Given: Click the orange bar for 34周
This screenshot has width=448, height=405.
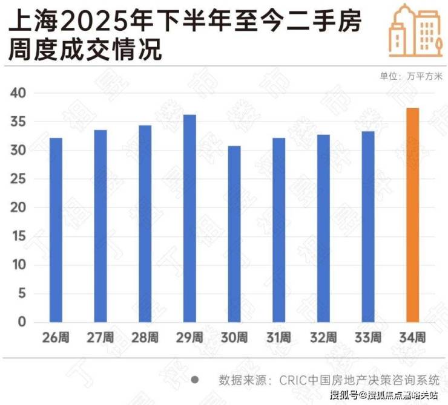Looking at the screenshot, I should tap(412, 215).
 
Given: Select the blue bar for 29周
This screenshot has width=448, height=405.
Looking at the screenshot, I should tap(189, 218).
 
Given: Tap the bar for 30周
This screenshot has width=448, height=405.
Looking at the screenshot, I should tap(234, 234).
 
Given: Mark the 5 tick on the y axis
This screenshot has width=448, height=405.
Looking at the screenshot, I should tap(22, 294).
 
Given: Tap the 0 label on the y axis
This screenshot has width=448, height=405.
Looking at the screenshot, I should tap(22, 322).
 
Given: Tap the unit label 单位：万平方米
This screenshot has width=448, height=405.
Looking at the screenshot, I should tap(411, 76).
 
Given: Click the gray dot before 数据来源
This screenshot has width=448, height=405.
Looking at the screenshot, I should tap(196, 380).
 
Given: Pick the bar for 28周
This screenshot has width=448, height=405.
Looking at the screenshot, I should tap(145, 224).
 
